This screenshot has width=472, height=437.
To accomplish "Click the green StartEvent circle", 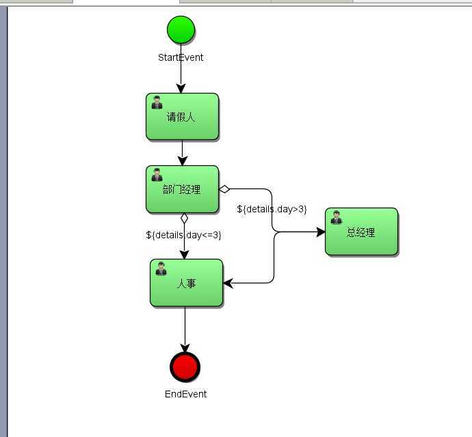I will pyautogui.click(x=181, y=29).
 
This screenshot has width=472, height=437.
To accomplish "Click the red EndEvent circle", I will pyautogui.click(x=185, y=367).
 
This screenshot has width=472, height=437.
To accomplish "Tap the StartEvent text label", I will pyautogui.click(x=181, y=57).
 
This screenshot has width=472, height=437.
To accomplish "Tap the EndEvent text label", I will pyautogui.click(x=185, y=394).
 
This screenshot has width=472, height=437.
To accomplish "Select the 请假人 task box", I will pyautogui.click(x=182, y=117).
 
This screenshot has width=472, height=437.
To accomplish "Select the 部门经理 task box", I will pyautogui.click(x=182, y=189).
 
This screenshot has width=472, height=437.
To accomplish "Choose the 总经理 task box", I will pyautogui.click(x=361, y=232).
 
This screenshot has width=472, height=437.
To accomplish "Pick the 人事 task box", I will pyautogui.click(x=186, y=283).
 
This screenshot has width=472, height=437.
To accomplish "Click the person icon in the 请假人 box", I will pyautogui.click(x=157, y=102).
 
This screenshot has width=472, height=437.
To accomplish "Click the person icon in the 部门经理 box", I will pyautogui.click(x=157, y=175).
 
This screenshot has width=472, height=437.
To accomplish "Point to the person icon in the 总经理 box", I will pyautogui.click(x=337, y=217).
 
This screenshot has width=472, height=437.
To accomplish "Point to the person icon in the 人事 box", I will pyautogui.click(x=161, y=268).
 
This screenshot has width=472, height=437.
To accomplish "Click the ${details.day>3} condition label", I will pyautogui.click(x=272, y=209).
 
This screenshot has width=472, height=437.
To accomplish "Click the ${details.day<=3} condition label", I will pyautogui.click(x=183, y=235).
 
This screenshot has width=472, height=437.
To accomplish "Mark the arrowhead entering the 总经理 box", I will pyautogui.click(x=321, y=232).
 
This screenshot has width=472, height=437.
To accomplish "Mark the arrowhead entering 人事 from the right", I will pyautogui.click(x=228, y=283).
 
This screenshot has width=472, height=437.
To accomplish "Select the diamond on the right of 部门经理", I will pyautogui.click(x=224, y=189).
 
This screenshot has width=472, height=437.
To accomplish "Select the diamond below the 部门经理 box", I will pyautogui.click(x=183, y=218).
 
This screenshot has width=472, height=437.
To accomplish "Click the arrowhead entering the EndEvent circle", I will pyautogui.click(x=185, y=349).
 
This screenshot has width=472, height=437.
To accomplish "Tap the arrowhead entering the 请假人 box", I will pyautogui.click(x=181, y=89).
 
